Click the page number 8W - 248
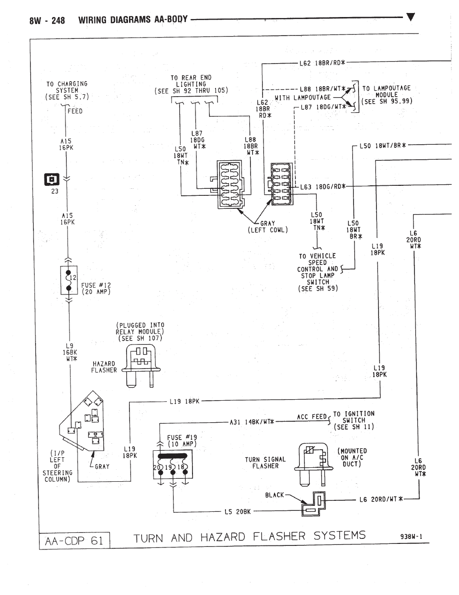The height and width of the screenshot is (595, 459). coord(47,21)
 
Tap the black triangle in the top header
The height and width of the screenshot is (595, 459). coord(410,17)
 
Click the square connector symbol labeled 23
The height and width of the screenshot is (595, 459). coord(52,179)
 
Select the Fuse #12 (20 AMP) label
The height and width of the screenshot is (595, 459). coord(96,288)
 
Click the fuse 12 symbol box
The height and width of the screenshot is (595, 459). coord(69,280)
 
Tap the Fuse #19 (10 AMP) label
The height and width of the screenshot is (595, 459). coord(182,441)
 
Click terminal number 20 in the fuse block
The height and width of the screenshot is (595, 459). coord(156,467)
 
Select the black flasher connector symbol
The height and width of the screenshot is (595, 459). coord(313,504)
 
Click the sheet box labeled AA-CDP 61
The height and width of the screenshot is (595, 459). coord(74,541)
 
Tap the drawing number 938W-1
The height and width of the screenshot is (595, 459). coord(411,536)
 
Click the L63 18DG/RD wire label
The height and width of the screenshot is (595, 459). coord(322,187)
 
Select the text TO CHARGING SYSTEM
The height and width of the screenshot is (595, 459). coord(67,87)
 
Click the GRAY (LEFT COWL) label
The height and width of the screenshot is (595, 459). coord(268,227)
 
